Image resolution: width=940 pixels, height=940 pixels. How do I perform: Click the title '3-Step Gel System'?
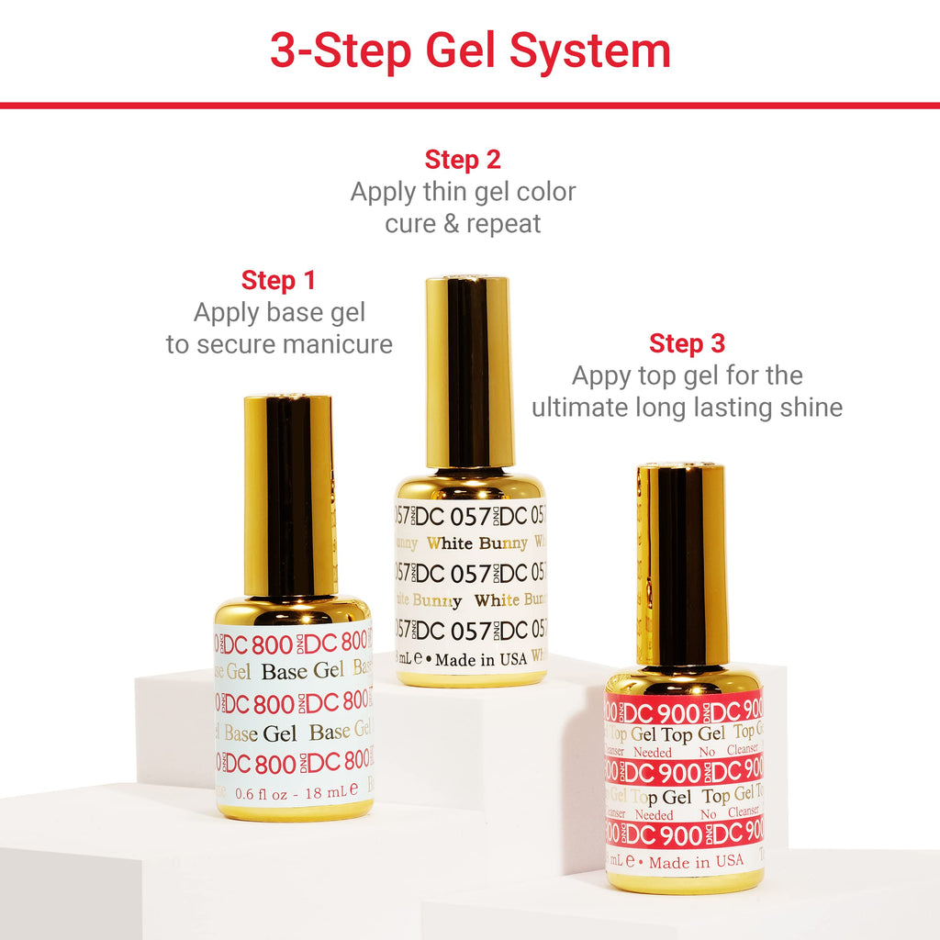click(x=469, y=50)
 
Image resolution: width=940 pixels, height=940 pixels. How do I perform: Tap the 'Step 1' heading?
click(x=278, y=280)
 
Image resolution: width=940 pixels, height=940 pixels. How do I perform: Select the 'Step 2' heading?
click(x=463, y=160)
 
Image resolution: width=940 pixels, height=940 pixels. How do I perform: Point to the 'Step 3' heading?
click(x=687, y=344)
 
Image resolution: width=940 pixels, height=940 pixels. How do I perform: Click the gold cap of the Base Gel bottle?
click(x=289, y=496)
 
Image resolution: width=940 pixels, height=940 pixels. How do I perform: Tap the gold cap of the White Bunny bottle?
click(x=468, y=372)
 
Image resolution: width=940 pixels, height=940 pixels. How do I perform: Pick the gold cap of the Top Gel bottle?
click(x=681, y=565)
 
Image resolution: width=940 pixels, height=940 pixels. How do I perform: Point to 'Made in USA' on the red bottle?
click(x=695, y=861)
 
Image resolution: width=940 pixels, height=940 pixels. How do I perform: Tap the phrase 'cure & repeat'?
click(x=463, y=224)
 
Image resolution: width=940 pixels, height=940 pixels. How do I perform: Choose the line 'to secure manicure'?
click(x=279, y=344)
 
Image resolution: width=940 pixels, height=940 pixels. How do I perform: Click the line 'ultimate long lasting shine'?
click(x=687, y=408)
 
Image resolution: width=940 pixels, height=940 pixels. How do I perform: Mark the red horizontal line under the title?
click(x=469, y=105)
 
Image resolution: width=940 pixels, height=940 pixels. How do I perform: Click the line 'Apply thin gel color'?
click(x=463, y=192)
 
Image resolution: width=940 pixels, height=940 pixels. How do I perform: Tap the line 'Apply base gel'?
click(x=279, y=313)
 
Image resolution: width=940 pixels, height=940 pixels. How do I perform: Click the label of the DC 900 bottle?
click(x=683, y=780)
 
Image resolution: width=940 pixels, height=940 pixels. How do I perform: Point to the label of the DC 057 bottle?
click(x=470, y=578)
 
